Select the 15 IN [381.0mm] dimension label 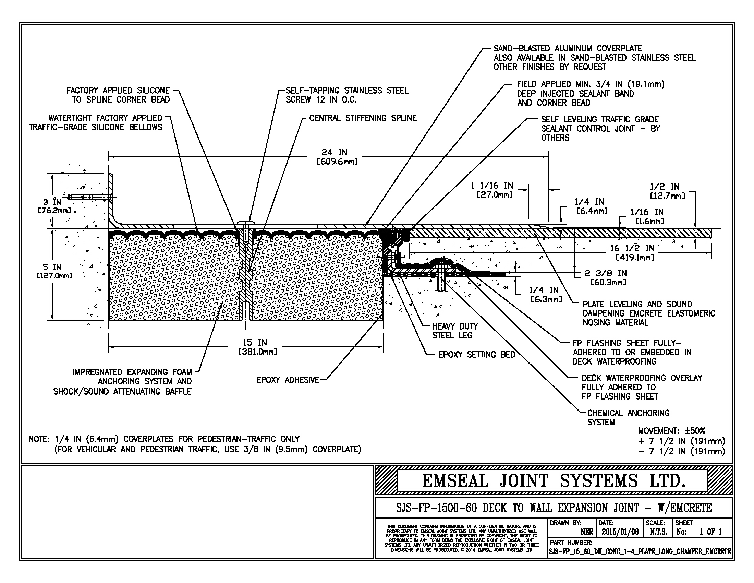pos(256,347)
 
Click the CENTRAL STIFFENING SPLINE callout pos(363,118)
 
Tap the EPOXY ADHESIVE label pos(288,380)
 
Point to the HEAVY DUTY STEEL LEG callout pos(455,331)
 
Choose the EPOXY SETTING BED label pos(476,355)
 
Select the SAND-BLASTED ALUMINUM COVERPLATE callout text pos(567,49)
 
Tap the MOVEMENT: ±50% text pos(671,431)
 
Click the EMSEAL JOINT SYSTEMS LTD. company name pos(554,480)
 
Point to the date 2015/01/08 pos(620,532)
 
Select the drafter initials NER pos(586,532)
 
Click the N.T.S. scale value pos(658,532)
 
